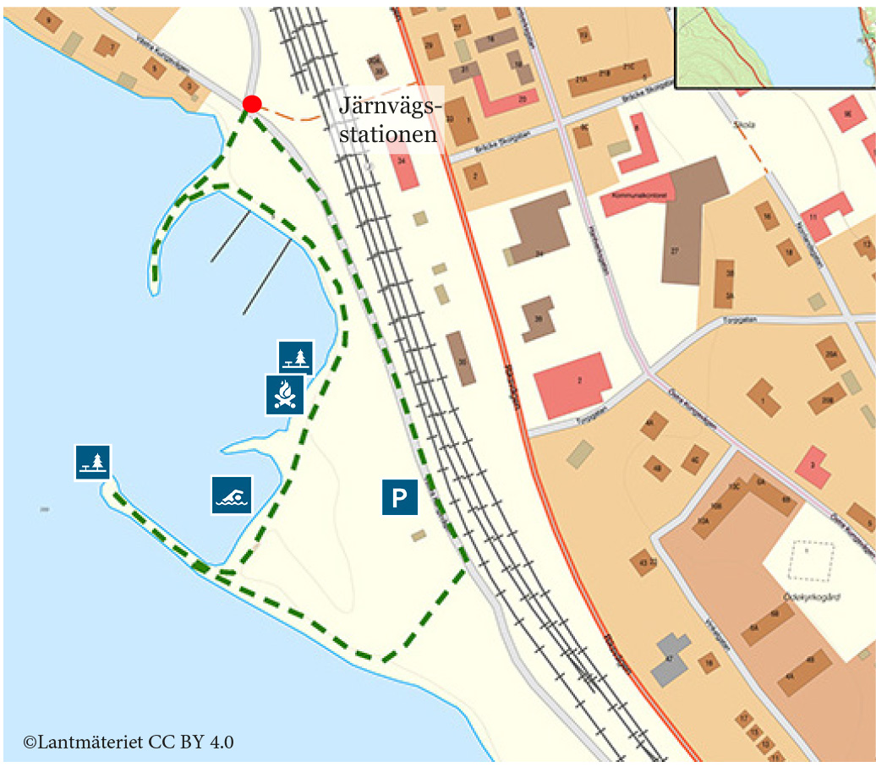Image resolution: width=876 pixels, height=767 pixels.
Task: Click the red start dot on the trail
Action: point(251,104)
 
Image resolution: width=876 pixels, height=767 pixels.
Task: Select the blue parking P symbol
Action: point(399,497)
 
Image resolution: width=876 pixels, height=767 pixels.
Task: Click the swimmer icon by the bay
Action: point(231,495)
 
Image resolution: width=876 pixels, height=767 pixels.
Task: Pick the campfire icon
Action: point(285,394)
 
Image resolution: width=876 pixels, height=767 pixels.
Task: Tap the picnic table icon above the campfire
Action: point(296,357)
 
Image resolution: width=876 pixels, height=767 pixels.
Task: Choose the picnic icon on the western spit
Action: point(93,462)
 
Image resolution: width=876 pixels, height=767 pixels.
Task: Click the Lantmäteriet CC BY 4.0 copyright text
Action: point(129,742)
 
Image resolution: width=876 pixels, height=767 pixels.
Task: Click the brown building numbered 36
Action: point(538,319)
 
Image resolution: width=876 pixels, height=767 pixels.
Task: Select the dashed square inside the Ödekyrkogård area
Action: point(811,561)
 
